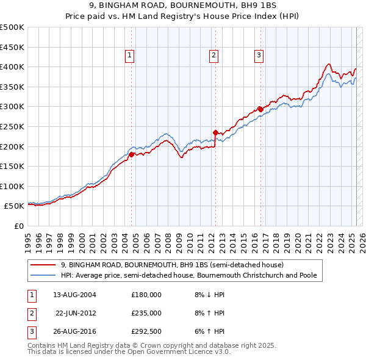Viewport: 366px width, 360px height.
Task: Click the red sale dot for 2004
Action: coord(131,154)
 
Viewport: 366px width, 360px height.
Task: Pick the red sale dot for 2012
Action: coord(215,132)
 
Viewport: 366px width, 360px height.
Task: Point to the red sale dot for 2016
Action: coord(260,109)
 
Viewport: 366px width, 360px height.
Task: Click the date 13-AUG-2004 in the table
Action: coord(75,294)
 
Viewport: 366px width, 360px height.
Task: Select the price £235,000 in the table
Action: coord(146,313)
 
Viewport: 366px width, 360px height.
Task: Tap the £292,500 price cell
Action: coord(146,332)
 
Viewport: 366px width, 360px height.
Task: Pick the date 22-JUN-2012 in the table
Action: coord(76,313)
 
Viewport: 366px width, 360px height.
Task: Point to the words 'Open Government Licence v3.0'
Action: coord(176,352)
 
